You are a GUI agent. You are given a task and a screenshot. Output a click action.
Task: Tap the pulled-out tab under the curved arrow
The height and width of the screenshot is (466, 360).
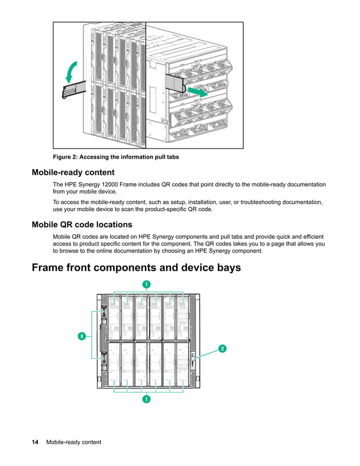(74, 89)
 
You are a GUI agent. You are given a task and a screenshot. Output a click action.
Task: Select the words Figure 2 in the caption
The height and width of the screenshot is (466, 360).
(67, 157)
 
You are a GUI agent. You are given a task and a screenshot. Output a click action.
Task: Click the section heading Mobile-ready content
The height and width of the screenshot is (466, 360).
(73, 173)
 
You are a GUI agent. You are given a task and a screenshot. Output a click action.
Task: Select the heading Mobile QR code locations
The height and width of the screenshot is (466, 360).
(82, 225)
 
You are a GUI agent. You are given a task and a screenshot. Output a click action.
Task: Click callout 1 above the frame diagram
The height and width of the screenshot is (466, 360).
(146, 284)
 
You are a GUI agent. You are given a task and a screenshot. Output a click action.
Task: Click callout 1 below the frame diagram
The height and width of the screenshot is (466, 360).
(146, 399)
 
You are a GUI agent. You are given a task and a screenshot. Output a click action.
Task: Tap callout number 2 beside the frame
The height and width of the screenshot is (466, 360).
(222, 349)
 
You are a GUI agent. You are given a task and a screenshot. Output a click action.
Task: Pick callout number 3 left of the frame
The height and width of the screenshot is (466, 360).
(81, 336)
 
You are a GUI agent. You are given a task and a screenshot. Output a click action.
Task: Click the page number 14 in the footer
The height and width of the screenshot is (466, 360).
(35, 442)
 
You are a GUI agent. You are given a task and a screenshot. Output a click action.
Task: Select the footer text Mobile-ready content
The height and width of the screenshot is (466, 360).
(73, 442)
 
